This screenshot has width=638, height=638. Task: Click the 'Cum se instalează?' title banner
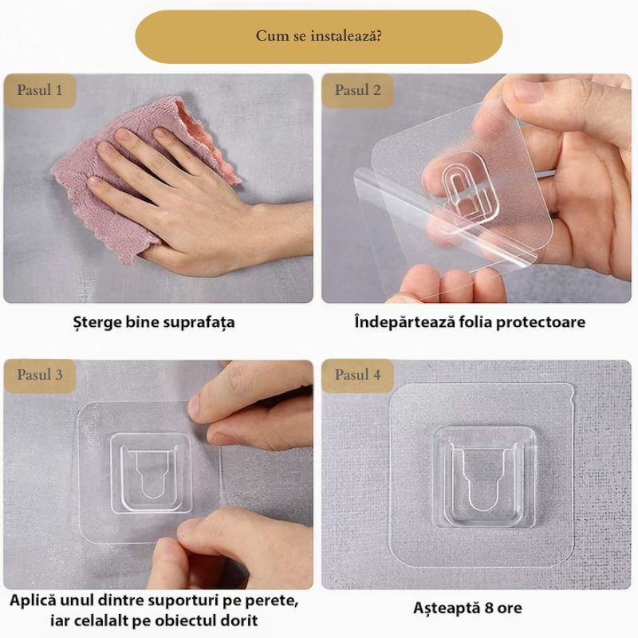[318, 36]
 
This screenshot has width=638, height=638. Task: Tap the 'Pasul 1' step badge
[39, 90]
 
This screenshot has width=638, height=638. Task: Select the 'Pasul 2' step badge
[357, 90]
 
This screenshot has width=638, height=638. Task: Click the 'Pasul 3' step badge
[39, 375]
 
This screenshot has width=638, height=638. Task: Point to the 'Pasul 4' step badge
[357, 375]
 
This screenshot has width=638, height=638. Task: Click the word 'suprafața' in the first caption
[199, 323]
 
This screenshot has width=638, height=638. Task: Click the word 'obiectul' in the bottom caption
[186, 620]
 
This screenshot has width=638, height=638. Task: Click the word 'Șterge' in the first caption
[96, 323]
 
